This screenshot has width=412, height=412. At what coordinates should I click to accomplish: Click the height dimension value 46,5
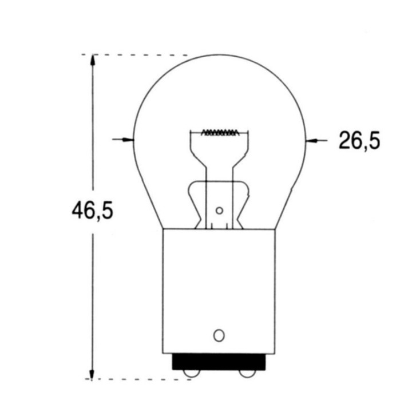(x=92, y=211)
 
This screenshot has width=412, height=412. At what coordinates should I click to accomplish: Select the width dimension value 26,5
(x=359, y=140)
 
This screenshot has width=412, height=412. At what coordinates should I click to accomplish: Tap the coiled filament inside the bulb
(x=220, y=133)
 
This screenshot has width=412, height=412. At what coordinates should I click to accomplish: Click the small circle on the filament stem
(x=219, y=211)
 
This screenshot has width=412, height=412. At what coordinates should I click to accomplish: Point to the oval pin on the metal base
(x=218, y=335)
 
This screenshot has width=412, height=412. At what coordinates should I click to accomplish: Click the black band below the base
(x=219, y=362)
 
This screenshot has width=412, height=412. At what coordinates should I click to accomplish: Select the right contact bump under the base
(x=247, y=374)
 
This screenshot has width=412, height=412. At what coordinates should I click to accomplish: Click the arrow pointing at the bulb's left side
(x=122, y=139)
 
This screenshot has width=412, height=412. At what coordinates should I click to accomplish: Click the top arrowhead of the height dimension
(x=92, y=60)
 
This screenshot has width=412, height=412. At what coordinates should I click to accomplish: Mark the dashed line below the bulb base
(x=143, y=379)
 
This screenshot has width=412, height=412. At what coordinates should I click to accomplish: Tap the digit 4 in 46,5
(x=77, y=211)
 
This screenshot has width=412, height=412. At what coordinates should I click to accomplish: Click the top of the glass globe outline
(x=219, y=55)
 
